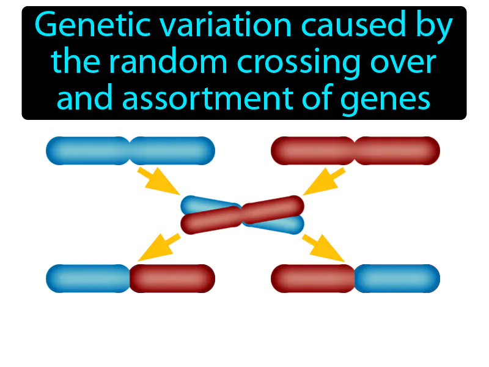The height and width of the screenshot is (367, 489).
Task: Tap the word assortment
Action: pos(208,98)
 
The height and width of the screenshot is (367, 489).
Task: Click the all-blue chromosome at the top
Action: pos(130,150)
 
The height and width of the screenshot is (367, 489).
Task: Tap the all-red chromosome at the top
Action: pos(355,150)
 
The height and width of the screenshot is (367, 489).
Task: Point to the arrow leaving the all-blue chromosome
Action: pos(158,180)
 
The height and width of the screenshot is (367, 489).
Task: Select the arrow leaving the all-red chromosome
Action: pos(325,181)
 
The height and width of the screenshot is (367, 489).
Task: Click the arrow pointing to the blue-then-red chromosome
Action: pos(159,247)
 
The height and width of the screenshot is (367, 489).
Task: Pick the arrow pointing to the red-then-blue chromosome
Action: pos(323,248)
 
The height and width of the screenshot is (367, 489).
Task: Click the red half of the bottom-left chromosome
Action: pos(172,278)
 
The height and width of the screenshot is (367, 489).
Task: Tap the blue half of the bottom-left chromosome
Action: pos(88,278)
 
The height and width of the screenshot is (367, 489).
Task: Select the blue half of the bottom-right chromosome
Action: pos(397,278)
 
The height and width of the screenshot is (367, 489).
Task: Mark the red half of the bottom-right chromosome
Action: pos(313,278)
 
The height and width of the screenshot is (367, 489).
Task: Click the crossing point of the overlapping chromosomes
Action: pos(242,215)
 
